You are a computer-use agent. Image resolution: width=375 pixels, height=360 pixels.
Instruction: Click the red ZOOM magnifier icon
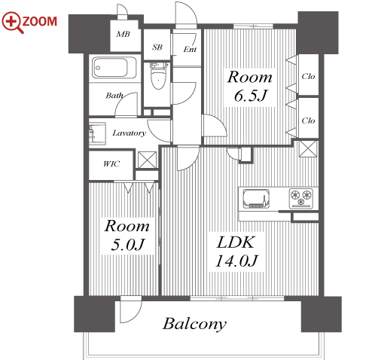(13, 23)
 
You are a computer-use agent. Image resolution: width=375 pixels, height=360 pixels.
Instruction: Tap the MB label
(123, 34)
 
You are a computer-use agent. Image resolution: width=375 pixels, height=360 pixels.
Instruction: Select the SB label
(157, 47)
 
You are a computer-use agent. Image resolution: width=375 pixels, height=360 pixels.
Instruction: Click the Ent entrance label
(190, 49)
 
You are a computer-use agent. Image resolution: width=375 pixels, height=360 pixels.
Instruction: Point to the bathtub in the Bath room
(114, 68)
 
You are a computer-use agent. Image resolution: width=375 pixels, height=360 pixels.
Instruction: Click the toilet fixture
(158, 75)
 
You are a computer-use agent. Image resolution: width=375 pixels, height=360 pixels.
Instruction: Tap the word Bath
(114, 96)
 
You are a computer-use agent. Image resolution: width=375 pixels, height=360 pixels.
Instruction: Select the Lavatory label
(130, 133)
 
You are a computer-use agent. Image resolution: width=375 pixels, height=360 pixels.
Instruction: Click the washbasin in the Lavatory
(97, 133)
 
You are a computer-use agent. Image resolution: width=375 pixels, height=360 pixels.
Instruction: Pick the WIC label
(111, 164)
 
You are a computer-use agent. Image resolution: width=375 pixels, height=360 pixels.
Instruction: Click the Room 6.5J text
(250, 86)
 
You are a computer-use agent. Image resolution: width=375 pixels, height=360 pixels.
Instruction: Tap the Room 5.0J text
(127, 235)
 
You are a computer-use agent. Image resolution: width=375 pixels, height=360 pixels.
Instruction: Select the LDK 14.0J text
(236, 252)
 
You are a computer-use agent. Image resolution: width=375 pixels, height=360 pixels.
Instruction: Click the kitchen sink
(256, 198)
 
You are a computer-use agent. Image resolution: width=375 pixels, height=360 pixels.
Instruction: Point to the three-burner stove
(301, 198)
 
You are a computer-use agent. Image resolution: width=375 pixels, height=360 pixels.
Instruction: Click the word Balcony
(194, 324)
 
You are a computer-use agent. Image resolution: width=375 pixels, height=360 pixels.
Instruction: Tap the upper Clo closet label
(308, 76)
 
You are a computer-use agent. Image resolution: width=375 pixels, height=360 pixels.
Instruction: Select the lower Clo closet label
(308, 121)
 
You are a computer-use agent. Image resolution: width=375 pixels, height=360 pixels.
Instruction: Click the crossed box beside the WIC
(147, 160)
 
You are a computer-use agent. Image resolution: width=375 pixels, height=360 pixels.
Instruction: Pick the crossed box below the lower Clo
(309, 148)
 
